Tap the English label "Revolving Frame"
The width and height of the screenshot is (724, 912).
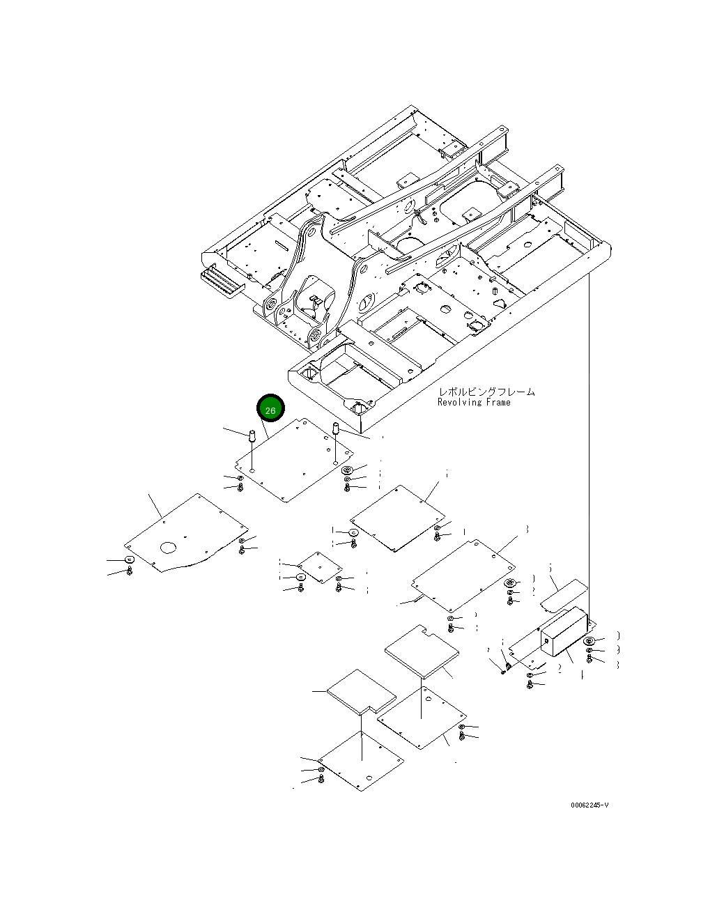pyautogui.click(x=474, y=402)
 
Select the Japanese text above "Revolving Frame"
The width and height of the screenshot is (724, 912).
pyautogui.click(x=486, y=392)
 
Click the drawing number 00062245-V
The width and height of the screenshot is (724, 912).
pyautogui.click(x=590, y=805)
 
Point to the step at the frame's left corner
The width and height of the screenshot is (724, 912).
pyautogui.click(x=222, y=284)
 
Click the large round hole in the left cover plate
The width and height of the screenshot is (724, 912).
pyautogui.click(x=169, y=548)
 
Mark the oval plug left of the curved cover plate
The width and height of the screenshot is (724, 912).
pyautogui.click(x=130, y=560)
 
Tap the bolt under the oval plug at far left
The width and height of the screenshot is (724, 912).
pyautogui.click(x=130, y=571)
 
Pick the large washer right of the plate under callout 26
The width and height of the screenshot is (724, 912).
pyautogui.click(x=348, y=470)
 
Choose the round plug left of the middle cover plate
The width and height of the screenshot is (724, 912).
pyautogui.click(x=354, y=532)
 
